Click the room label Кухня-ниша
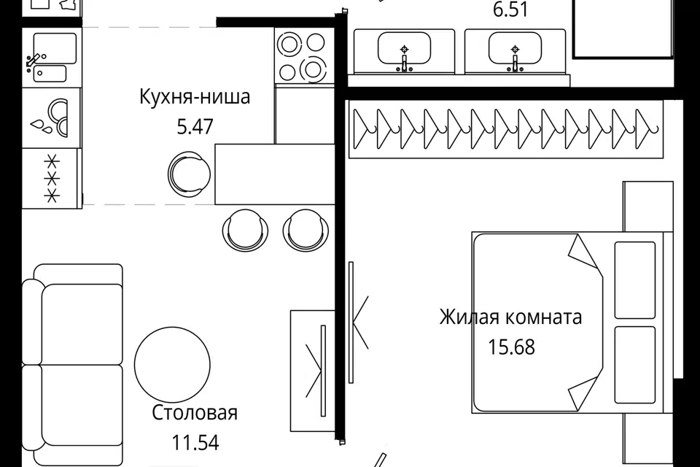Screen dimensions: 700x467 coord(195,97)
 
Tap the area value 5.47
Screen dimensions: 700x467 coord(195,126)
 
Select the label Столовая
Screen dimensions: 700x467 coord(195,412)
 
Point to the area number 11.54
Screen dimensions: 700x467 coord(195,443)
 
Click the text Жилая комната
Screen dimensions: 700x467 coord(510,317)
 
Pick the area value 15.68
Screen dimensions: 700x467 coord(511,347)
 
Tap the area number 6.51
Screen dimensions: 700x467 coord(510,9)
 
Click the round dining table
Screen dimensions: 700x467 coord(172,365)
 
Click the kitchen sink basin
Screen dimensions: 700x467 coord(55,48)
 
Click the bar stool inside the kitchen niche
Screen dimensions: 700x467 coord(189,174)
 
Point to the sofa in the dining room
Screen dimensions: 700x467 coord(73,365)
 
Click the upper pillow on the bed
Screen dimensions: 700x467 coord(635,280)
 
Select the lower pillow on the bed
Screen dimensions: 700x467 coord(635,365)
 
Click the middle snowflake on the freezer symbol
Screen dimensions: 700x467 coord(52,179)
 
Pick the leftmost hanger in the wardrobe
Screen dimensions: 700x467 coord(365,129)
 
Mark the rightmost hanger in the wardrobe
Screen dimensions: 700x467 coord(647,129)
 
